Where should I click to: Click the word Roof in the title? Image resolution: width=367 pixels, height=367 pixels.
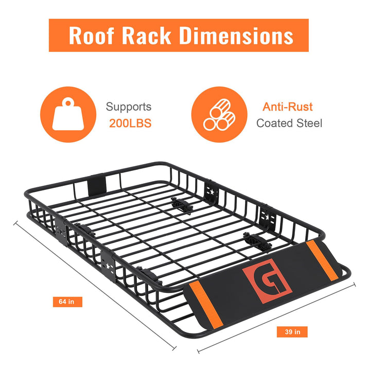tap(92, 36)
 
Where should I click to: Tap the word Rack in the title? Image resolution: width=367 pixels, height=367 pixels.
tap(147, 36)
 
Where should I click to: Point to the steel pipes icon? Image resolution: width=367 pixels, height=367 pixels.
tap(219, 114)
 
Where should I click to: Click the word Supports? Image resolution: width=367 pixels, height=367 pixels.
tap(129, 107)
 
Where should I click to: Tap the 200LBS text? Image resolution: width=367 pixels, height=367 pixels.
tap(130, 124)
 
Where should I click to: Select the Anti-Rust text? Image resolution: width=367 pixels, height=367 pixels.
tap(287, 107)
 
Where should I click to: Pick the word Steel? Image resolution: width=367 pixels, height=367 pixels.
tap(309, 124)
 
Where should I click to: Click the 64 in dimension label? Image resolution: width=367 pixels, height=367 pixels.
tap(67, 302)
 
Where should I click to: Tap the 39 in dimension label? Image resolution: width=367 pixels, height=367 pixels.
tap(292, 332)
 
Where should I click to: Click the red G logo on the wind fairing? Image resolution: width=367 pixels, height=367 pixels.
tap(267, 281)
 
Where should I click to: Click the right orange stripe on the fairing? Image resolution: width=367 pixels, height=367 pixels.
tap(322, 260)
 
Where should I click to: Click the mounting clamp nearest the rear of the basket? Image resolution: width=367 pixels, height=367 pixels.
tap(181, 205)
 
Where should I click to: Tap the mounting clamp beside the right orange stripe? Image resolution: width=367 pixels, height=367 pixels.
tap(257, 241)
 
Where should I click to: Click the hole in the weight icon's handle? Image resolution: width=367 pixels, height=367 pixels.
tap(68, 103)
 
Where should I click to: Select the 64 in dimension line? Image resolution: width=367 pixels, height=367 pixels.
tap(95, 285)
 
